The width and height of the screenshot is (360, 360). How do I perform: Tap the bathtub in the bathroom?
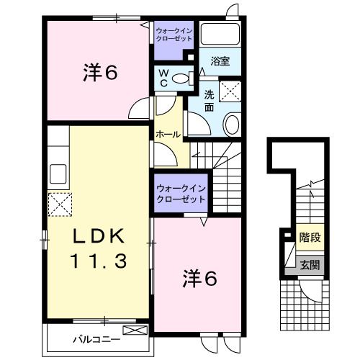point(220,35)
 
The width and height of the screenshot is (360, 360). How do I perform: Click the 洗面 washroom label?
point(210,101)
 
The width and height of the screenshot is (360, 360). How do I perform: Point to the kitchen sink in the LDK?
point(58,175)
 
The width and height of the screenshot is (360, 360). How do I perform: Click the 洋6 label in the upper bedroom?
point(99,72)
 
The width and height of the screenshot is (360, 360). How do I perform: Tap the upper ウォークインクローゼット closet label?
point(174,33)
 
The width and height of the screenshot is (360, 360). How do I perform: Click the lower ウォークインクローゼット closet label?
point(180,193)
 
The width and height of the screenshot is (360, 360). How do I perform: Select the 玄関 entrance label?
point(310,265)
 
